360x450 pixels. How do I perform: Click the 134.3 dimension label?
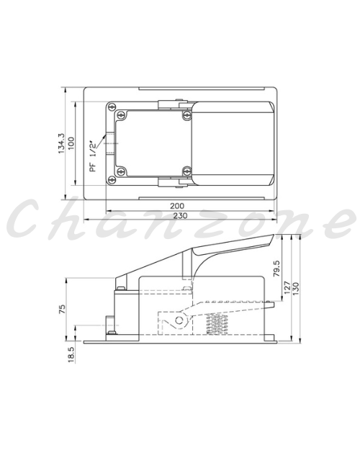(62, 143)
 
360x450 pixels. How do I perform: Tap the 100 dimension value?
(71, 143)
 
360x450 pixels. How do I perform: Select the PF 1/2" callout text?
(93, 156)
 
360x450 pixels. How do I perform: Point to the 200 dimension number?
(177, 206)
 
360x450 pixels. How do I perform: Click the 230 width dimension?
(180, 215)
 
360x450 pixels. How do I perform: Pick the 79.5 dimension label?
(276, 268)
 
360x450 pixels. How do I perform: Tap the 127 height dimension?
(287, 287)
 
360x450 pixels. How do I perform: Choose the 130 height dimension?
(296, 289)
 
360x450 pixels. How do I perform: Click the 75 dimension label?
(62, 309)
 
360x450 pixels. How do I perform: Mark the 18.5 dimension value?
(71, 354)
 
